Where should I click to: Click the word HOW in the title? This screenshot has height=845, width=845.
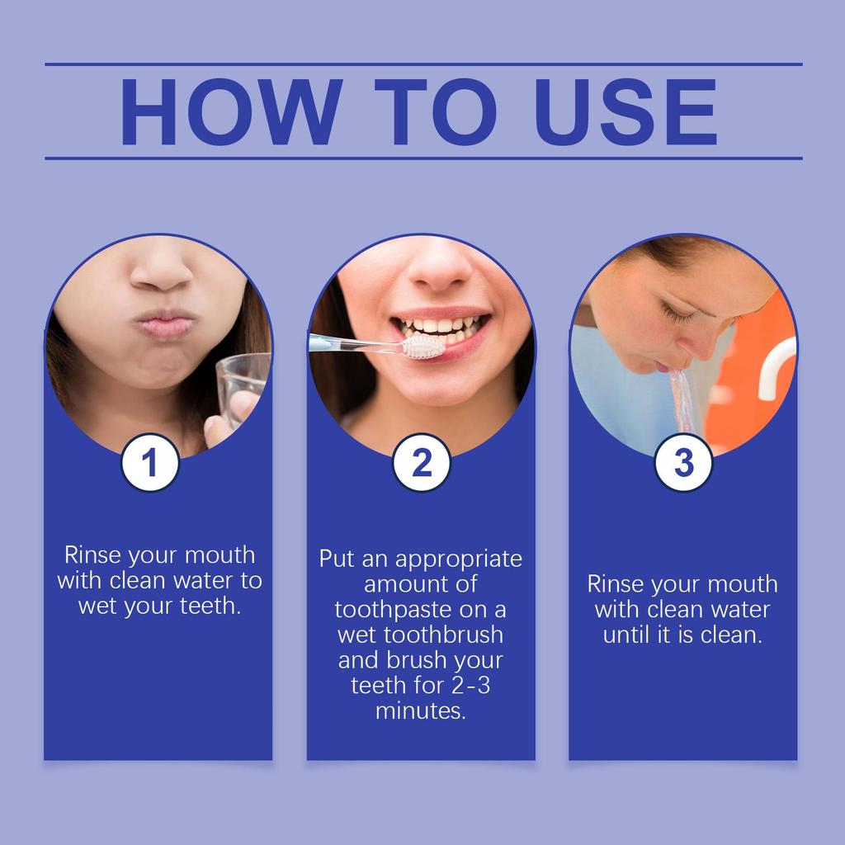tap(231, 111)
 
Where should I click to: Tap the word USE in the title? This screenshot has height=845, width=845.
tap(625, 111)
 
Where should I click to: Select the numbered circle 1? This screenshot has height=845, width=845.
tap(150, 462)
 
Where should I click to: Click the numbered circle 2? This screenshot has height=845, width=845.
tap(422, 462)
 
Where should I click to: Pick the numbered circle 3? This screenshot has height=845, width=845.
tap(683, 462)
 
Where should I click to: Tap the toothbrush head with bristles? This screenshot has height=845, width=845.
tap(424, 347)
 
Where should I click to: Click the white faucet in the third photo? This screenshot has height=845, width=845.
tap(776, 367)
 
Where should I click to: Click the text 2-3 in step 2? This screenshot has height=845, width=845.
tap(470, 686)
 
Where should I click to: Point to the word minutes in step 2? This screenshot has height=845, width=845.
tap(420, 710)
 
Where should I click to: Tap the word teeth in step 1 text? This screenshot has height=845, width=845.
tap(210, 606)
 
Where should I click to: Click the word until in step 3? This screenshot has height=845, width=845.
tap(627, 635)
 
